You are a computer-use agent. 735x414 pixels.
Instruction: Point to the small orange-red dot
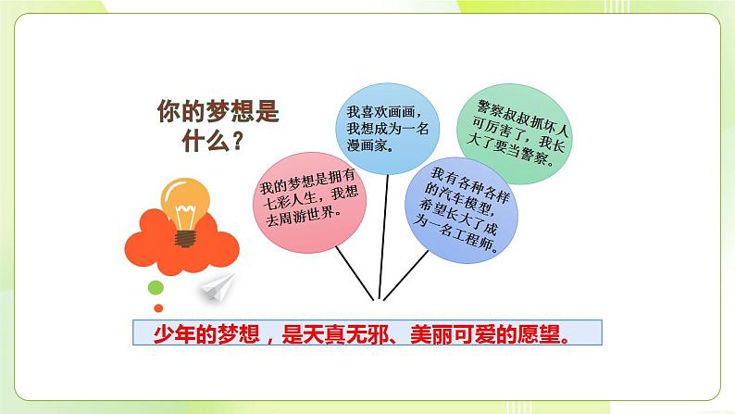click(158, 307)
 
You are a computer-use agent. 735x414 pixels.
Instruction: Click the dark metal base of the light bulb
click(185, 235)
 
